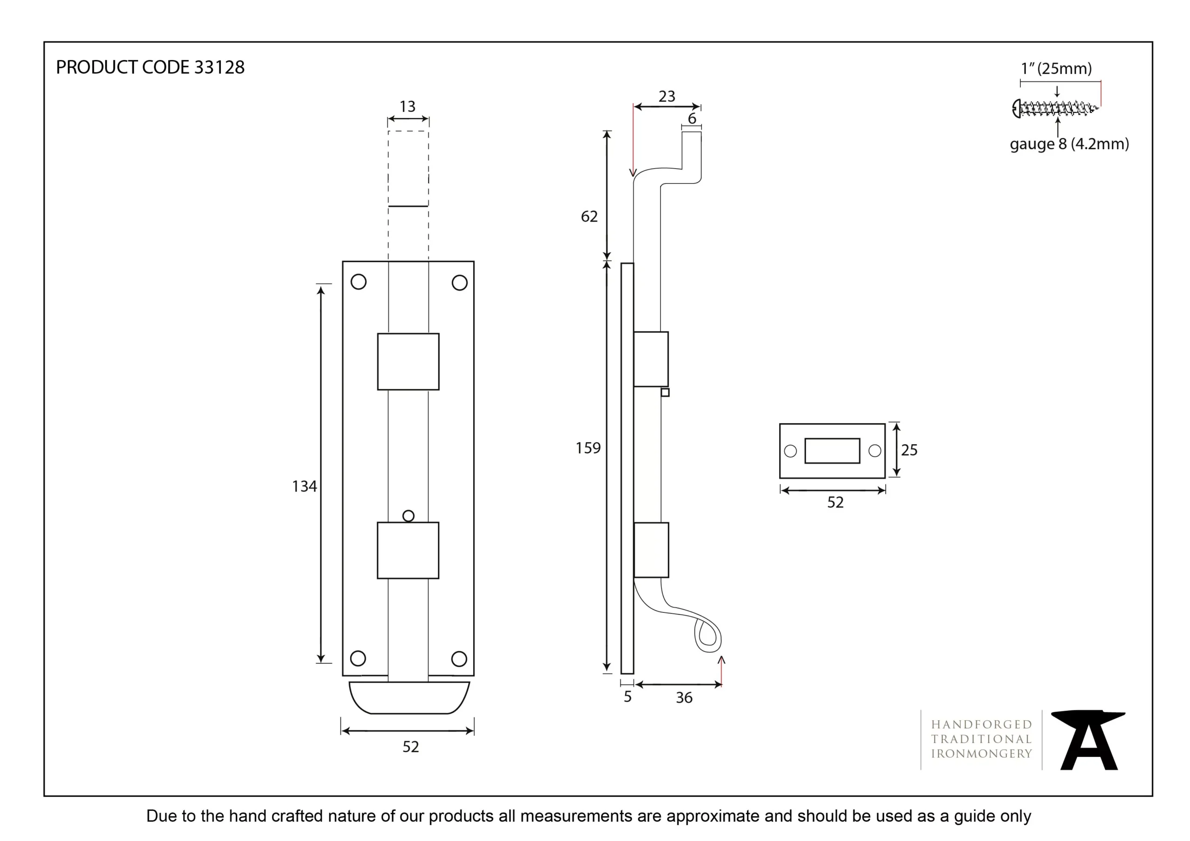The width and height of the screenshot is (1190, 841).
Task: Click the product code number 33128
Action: coord(219,67)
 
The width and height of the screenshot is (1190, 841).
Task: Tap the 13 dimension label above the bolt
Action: coord(407,107)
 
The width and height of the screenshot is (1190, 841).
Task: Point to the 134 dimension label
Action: coord(304,486)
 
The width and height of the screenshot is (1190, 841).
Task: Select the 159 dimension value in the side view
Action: coord(588,448)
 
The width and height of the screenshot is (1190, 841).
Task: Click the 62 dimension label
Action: coord(589,217)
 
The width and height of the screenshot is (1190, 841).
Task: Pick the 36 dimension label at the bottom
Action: coord(684,698)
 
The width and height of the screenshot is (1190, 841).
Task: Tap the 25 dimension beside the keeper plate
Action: coord(909,450)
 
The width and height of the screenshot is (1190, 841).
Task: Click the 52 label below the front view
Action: coord(410,747)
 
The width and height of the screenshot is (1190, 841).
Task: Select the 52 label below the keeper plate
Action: coord(835,502)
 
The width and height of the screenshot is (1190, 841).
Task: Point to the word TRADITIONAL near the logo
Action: coord(981,739)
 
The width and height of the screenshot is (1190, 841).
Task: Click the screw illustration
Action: coord(1055,108)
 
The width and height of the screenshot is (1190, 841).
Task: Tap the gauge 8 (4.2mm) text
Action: coord(1069,144)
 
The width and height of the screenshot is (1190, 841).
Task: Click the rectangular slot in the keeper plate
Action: coord(832,450)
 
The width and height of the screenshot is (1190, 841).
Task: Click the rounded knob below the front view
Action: coord(409,697)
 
